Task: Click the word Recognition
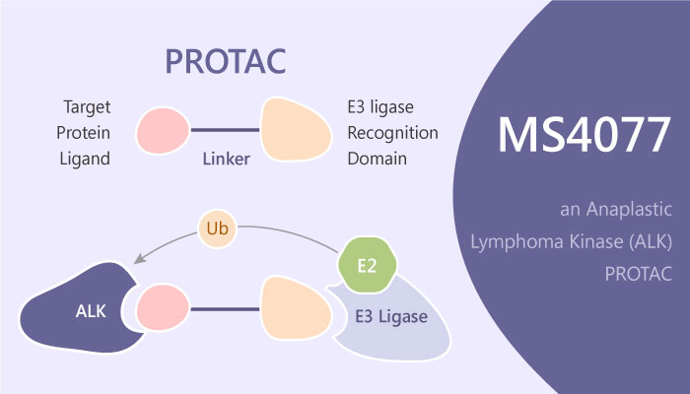click(392, 132)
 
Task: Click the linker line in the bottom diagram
click(224, 309)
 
